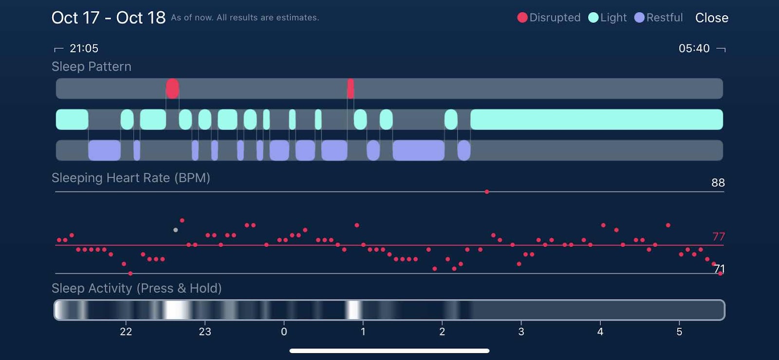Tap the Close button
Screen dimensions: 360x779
(x=711, y=18)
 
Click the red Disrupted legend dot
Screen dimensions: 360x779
(x=522, y=18)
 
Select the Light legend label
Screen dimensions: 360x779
(x=613, y=18)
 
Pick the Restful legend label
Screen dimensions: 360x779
(x=664, y=18)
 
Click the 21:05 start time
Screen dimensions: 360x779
(x=84, y=48)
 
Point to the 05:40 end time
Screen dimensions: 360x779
(x=694, y=48)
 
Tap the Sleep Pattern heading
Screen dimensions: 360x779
(x=92, y=66)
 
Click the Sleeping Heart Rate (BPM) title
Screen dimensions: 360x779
(x=131, y=178)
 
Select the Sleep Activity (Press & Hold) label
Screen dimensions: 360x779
(x=137, y=288)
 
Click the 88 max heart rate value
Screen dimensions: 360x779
(x=718, y=183)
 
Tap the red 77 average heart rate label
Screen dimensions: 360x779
(x=718, y=237)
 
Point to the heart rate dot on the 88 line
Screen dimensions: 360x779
(x=487, y=192)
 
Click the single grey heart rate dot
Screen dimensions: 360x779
(x=176, y=230)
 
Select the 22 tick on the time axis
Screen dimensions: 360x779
(x=126, y=332)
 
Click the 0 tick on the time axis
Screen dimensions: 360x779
(x=284, y=332)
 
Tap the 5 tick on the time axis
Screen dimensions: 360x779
(x=679, y=332)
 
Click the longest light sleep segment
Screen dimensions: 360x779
(x=596, y=119)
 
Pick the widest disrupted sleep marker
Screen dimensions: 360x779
(x=172, y=89)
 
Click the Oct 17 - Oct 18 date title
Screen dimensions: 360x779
(x=109, y=18)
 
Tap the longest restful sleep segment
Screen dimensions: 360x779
(x=418, y=150)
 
